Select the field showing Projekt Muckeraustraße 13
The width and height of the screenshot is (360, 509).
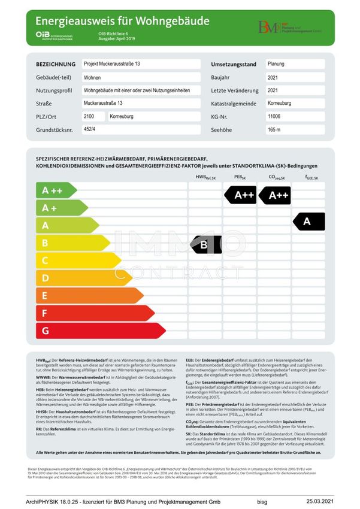tap(140, 64)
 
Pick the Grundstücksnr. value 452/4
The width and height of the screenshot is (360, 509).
tap(140, 129)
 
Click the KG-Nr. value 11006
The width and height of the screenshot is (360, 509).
tap(294, 116)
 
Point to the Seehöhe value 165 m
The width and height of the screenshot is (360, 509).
tap(294, 129)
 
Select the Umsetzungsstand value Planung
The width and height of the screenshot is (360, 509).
tap(294, 64)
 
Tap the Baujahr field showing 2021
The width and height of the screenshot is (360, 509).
tap(294, 77)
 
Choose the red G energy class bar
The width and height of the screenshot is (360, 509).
tap(99, 330)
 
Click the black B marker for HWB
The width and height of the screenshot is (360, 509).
tap(205, 244)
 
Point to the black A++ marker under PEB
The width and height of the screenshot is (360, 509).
tap(241, 195)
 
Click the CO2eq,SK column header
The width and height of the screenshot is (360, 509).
tap(277, 177)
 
